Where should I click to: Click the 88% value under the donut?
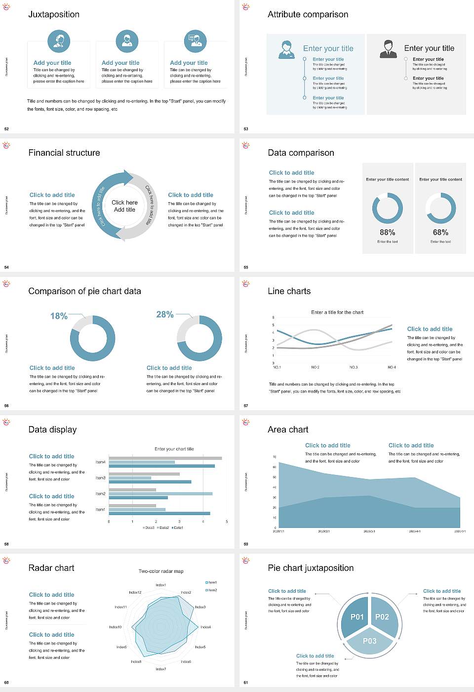pyautogui.click(x=388, y=232)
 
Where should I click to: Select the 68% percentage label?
pyautogui.click(x=440, y=232)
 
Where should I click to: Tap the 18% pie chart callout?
pyautogui.click(x=59, y=316)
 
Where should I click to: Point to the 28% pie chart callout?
pyautogui.click(x=165, y=314)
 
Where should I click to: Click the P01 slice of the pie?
pyautogui.click(x=357, y=617)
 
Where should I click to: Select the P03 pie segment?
pyautogui.click(x=370, y=641)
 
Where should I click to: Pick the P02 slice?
pyautogui.click(x=382, y=617)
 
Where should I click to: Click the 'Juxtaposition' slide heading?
pyautogui.click(x=54, y=14)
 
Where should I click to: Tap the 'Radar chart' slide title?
pyautogui.click(x=51, y=568)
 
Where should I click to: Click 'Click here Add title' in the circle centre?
pyautogui.click(x=124, y=206)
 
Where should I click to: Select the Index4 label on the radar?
pyautogui.click(x=206, y=627)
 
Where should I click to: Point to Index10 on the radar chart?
pyautogui.click(x=115, y=627)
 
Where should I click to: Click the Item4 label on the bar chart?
pyautogui.click(x=100, y=462)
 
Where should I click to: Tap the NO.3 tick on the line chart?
pyautogui.click(x=354, y=367)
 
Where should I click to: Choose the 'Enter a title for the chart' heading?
pyautogui.click(x=337, y=312)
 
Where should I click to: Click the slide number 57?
pyautogui.click(x=246, y=406)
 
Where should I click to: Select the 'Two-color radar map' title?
pyautogui.click(x=161, y=571)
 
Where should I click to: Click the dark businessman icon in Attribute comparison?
pyautogui.click(x=389, y=49)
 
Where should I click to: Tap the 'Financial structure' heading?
pyautogui.click(x=64, y=153)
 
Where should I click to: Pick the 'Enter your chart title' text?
pyautogui.click(x=174, y=449)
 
